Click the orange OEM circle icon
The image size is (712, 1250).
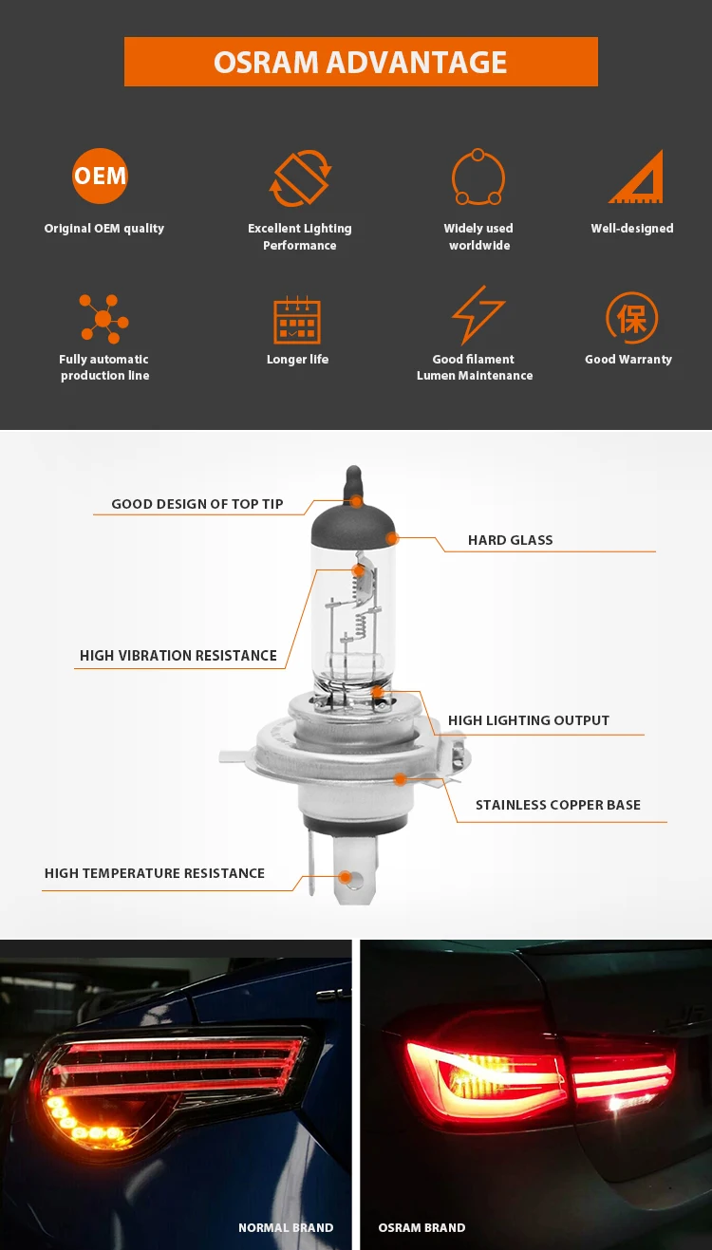tap(100, 176)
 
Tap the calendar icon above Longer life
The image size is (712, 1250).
tap(297, 320)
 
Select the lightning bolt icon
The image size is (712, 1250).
tap(478, 315)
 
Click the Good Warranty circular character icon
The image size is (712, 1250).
tap(631, 318)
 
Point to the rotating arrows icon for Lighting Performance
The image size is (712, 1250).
tap(300, 178)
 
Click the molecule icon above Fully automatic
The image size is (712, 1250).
tap(103, 319)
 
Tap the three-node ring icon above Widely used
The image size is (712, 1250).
tap(478, 177)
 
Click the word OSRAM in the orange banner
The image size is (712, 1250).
tap(266, 62)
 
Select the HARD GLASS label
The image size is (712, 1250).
tap(510, 540)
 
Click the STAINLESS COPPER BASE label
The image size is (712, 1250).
tap(558, 805)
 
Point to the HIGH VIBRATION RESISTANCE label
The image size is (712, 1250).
tap(178, 655)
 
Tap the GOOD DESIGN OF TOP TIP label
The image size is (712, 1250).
tap(197, 504)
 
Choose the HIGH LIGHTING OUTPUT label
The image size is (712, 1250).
tap(529, 720)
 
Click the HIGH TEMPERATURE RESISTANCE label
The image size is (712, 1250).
tap(155, 873)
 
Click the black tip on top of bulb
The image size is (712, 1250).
tap(354, 483)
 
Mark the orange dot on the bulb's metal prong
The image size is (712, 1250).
tap(346, 878)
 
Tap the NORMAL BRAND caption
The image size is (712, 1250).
tap(286, 1227)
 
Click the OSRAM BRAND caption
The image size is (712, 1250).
tap(422, 1227)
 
